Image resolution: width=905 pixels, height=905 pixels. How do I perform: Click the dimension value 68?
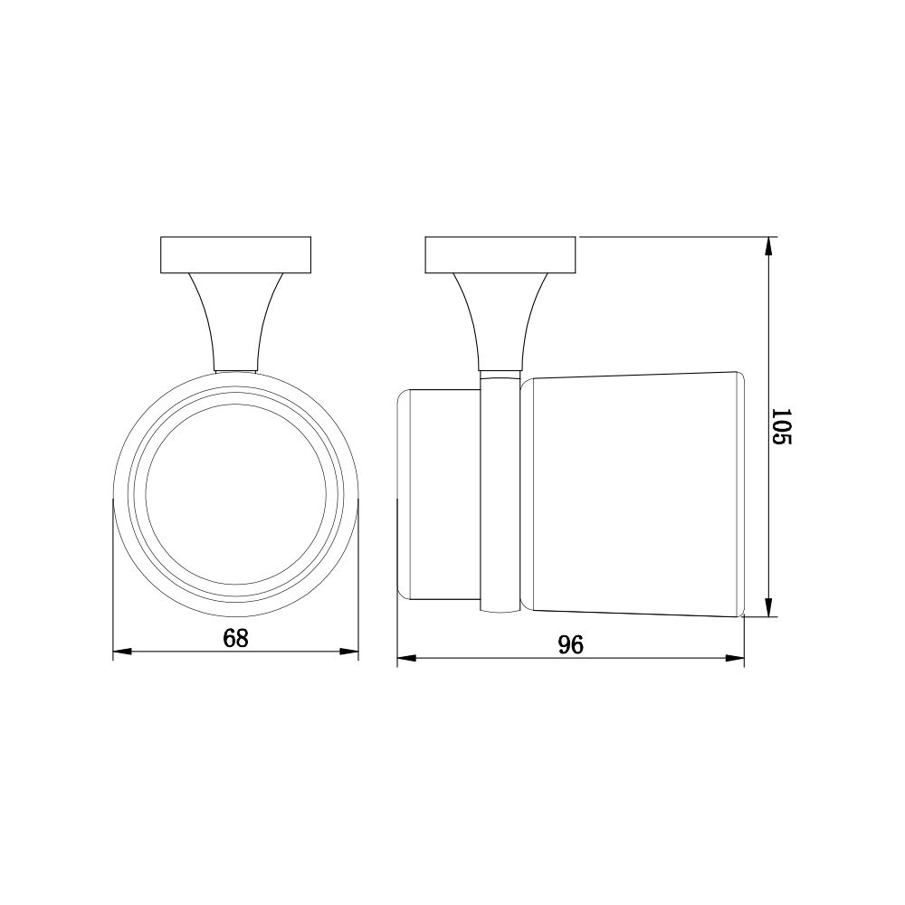pyautogui.click(x=235, y=638)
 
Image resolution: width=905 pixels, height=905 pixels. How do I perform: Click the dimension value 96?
pyautogui.click(x=570, y=644)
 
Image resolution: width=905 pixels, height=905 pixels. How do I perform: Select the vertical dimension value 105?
pyautogui.click(x=782, y=426)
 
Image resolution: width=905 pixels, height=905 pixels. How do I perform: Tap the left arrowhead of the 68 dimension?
pyautogui.click(x=120, y=652)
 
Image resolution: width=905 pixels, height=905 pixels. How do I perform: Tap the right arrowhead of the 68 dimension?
pyautogui.click(x=351, y=652)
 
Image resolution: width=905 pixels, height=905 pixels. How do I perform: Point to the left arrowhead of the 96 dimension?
pyautogui.click(x=406, y=658)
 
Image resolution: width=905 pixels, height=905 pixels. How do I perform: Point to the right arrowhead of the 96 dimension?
pyautogui.click(x=736, y=658)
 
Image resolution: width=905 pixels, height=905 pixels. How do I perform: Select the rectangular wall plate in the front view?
pyautogui.click(x=235, y=254)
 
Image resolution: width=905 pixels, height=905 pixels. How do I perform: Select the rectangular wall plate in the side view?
pyautogui.click(x=500, y=254)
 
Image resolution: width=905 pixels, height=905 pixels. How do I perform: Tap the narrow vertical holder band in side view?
pyautogui.click(x=500, y=498)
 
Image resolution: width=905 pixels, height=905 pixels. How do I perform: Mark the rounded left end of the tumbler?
pyautogui.click(x=404, y=496)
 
